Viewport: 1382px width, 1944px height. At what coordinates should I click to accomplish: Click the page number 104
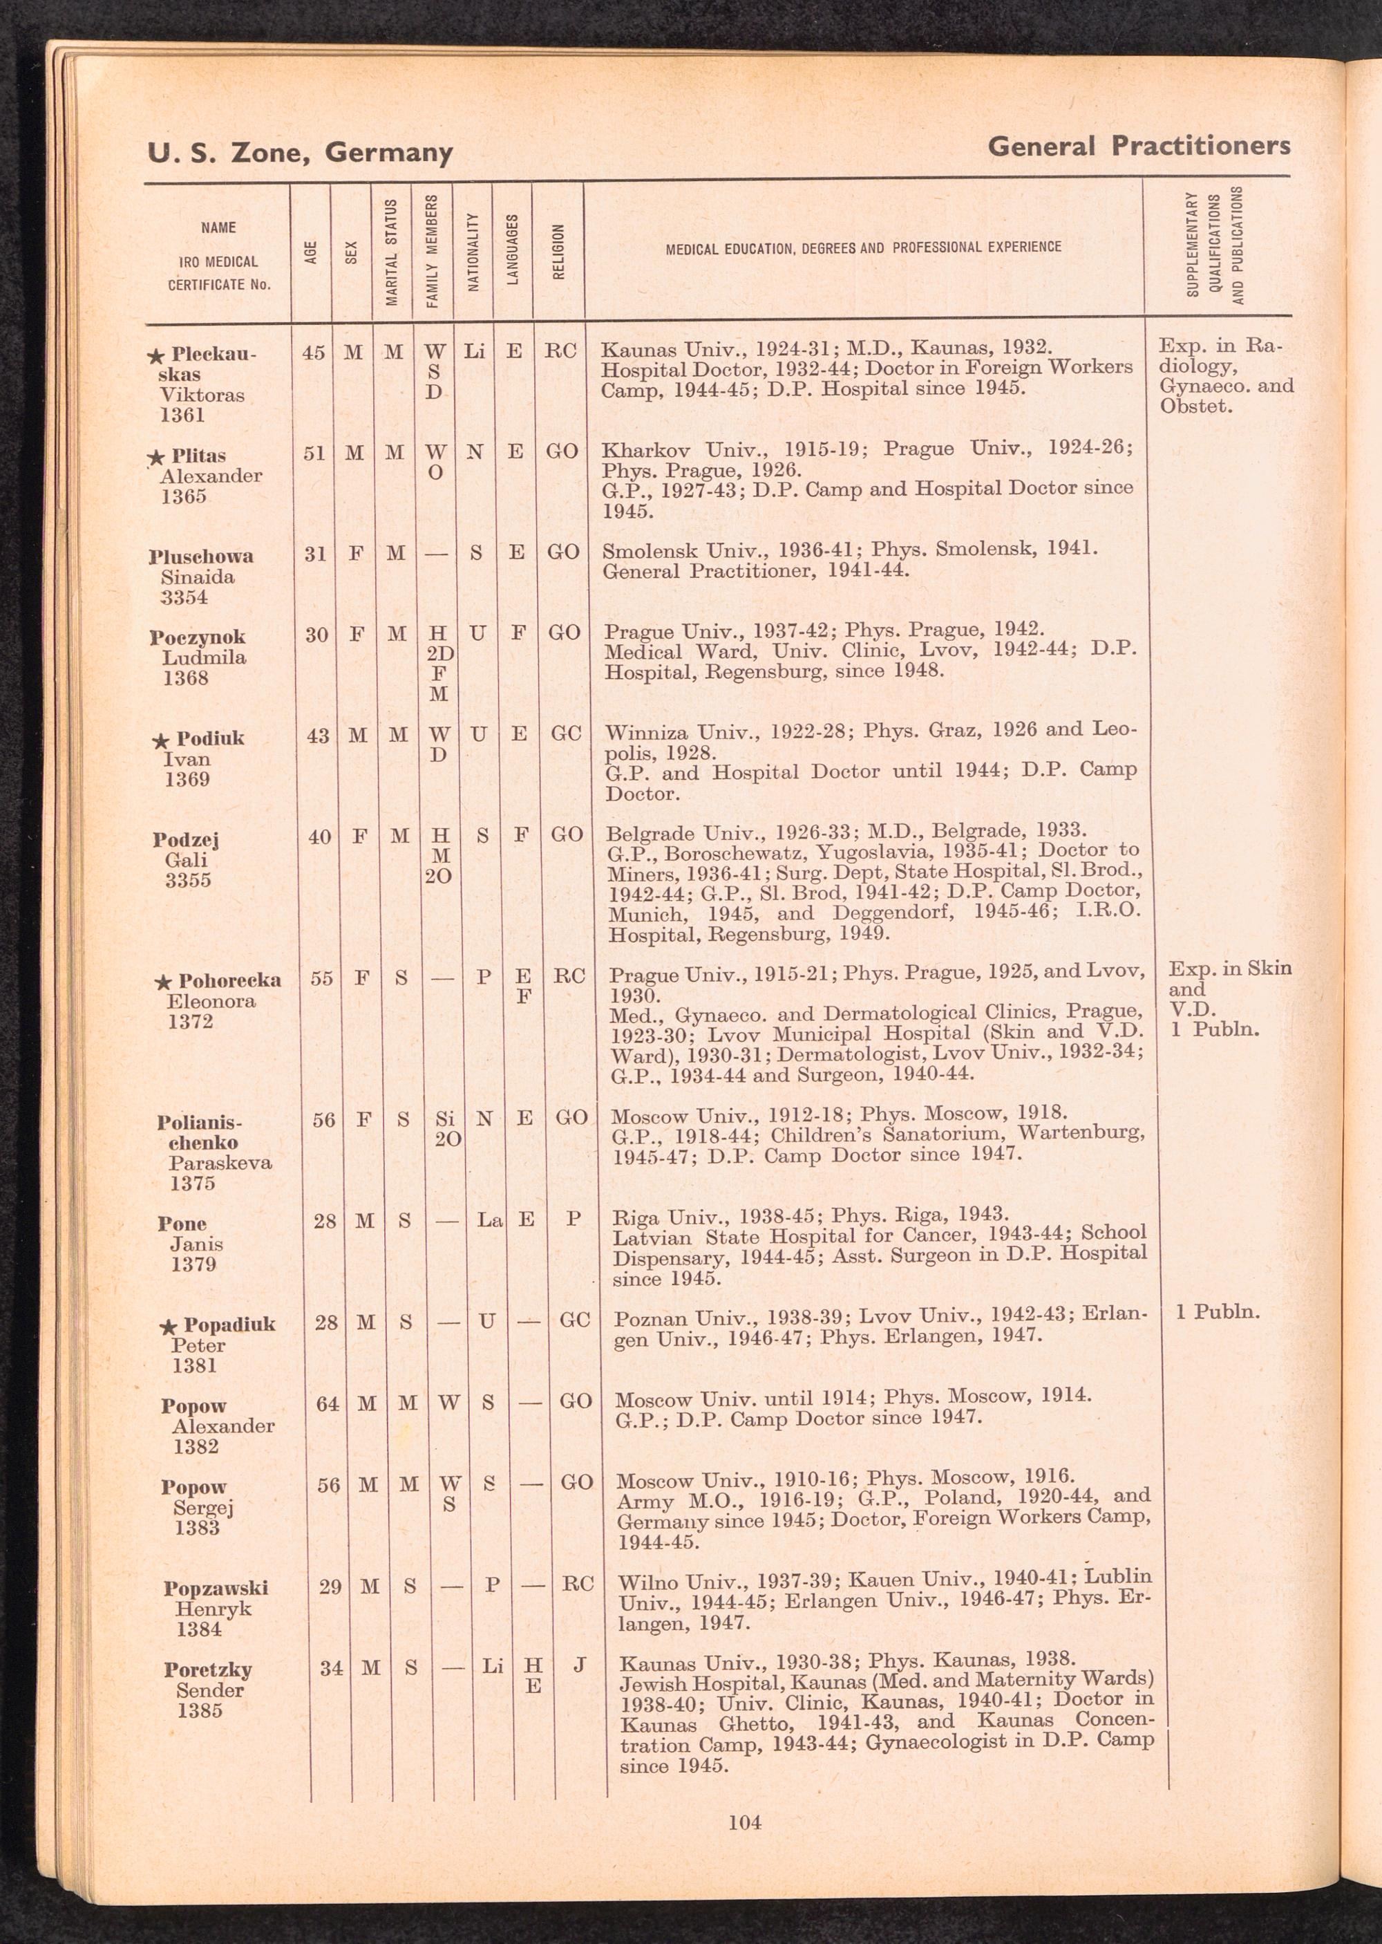point(745,1822)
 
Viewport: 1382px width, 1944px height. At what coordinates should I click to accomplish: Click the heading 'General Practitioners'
point(1138,147)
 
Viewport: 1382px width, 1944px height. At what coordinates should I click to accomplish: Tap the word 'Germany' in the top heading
point(389,152)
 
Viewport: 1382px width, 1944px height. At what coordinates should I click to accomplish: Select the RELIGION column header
point(558,251)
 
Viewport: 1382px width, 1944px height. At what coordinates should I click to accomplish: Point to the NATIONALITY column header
point(473,251)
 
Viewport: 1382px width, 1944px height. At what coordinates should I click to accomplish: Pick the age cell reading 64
point(328,1403)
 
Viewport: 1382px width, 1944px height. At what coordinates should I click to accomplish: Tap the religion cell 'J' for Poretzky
point(580,1665)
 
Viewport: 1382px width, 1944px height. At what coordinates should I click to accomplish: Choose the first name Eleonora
point(211,1001)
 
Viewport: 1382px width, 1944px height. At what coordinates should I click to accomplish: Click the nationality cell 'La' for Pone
point(490,1221)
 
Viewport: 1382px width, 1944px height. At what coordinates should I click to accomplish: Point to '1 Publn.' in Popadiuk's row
point(1218,1311)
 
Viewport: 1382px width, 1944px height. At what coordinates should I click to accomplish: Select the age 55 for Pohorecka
point(322,978)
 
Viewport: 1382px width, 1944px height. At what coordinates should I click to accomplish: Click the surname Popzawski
point(216,1588)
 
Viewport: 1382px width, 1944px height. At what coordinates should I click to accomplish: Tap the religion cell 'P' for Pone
point(574,1219)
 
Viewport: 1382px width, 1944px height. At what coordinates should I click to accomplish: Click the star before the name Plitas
point(155,458)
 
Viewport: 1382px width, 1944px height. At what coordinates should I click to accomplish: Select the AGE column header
point(312,251)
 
